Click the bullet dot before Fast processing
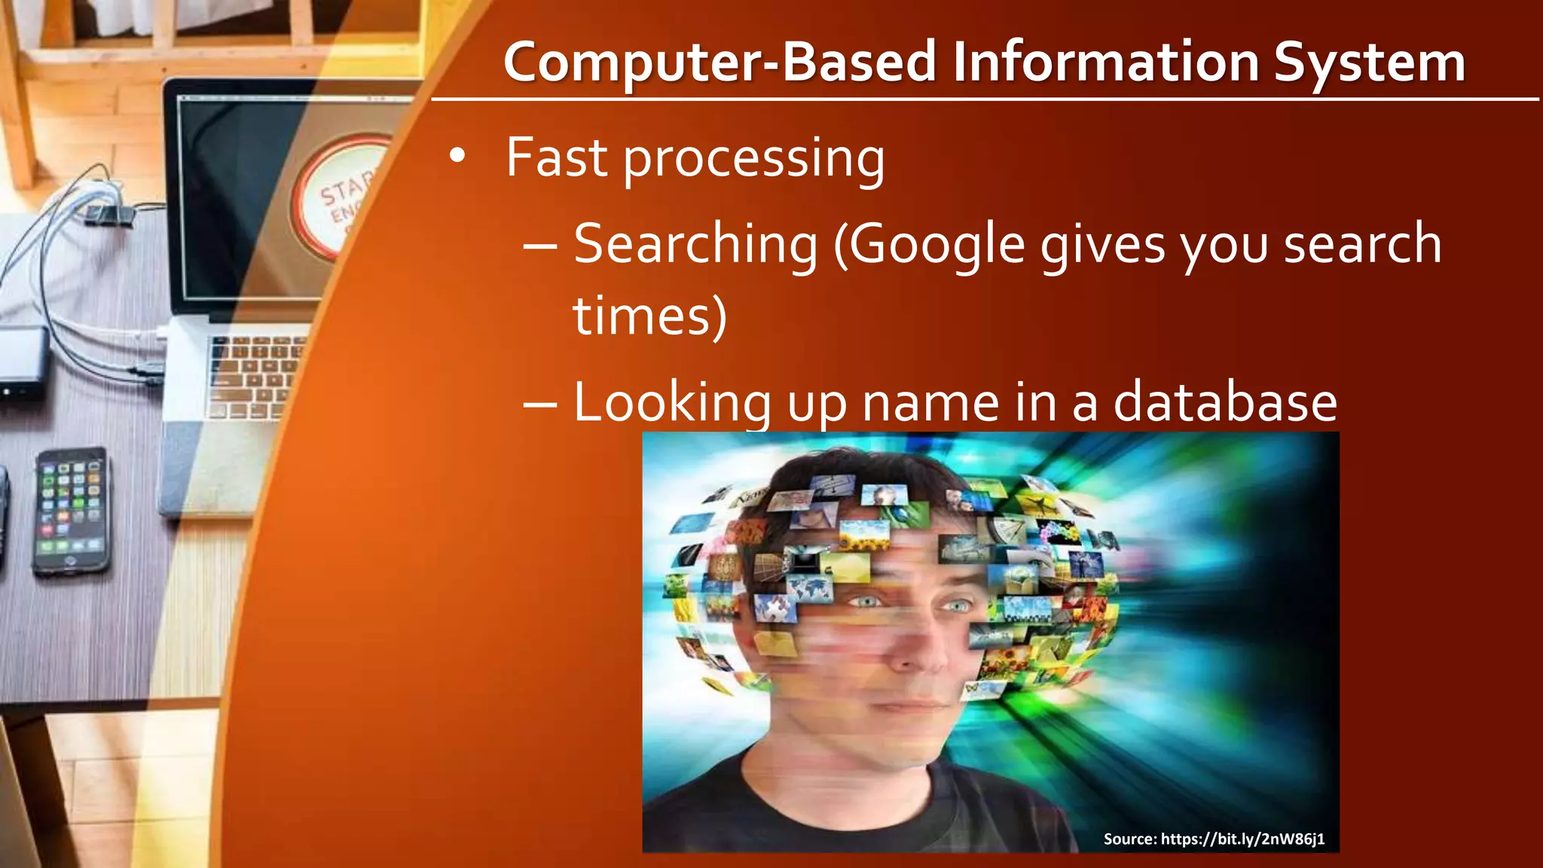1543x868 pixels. click(x=457, y=156)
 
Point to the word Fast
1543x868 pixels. click(x=556, y=157)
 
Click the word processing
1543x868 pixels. click(x=754, y=160)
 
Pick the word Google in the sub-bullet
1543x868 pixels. click(x=938, y=246)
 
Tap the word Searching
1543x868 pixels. click(x=695, y=246)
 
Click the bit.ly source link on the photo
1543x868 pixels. click(x=1242, y=839)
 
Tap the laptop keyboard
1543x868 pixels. click(x=252, y=377)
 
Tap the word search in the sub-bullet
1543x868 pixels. click(x=1362, y=244)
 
